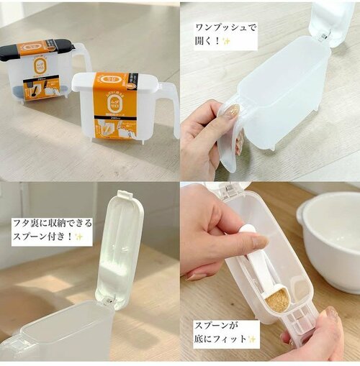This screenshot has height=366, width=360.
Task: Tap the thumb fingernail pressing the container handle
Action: click(x=230, y=111)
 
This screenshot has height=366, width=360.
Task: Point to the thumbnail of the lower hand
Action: click(x=330, y=314)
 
